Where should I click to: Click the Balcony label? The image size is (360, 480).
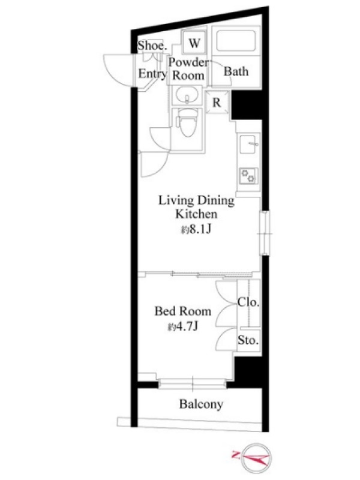click(201, 404)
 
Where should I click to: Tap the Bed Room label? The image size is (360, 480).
click(183, 311)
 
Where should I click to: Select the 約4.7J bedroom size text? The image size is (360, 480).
click(183, 327)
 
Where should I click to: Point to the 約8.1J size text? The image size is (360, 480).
click(196, 229)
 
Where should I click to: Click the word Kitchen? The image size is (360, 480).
click(196, 214)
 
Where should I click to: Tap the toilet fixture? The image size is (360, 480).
click(188, 122)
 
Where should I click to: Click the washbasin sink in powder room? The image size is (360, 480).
click(186, 94)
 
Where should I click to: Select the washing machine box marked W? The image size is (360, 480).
click(194, 43)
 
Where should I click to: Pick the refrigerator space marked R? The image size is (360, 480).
click(217, 102)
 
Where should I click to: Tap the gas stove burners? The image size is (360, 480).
click(248, 176)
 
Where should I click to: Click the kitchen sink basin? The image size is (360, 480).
click(249, 144)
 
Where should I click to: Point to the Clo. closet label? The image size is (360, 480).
click(248, 302)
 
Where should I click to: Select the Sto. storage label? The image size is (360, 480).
click(248, 340)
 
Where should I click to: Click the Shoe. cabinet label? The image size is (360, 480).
click(152, 46)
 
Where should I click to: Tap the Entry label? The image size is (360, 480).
click(152, 73)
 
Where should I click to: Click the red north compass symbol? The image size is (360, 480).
click(252, 458)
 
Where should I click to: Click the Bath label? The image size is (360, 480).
click(236, 71)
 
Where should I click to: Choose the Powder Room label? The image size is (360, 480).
click(188, 68)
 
